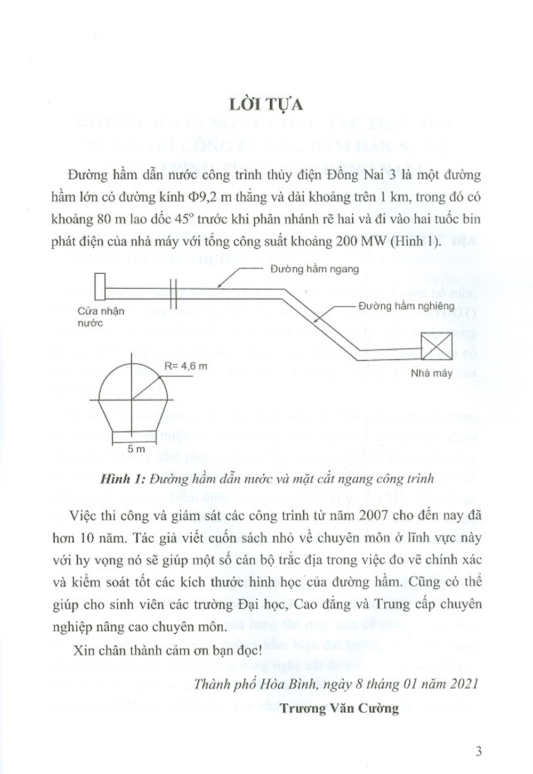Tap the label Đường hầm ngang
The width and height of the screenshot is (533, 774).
[314, 269]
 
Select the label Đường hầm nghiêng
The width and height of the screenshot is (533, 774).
[406, 306]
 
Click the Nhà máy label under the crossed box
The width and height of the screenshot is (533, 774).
[431, 373]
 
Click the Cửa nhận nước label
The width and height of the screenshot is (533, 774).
[101, 317]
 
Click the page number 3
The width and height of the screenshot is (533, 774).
[478, 752]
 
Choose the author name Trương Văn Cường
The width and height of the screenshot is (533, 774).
[339, 708]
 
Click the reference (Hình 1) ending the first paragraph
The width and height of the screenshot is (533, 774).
[420, 241]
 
